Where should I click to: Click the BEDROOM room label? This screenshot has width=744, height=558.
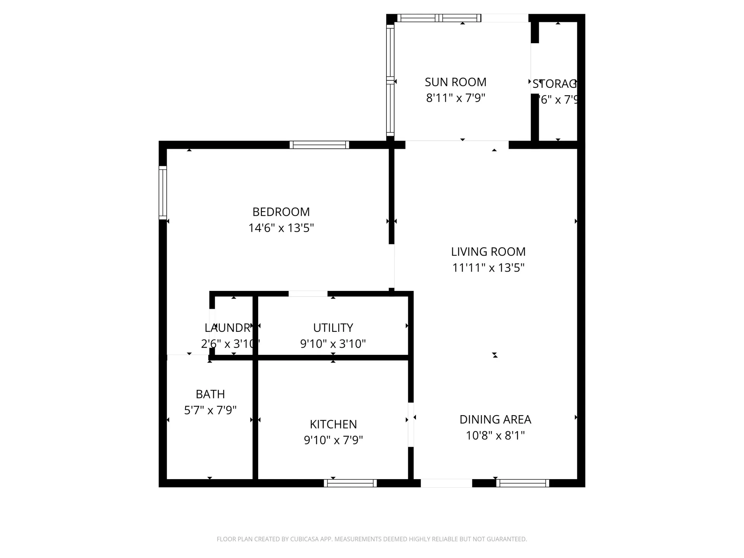(281, 212)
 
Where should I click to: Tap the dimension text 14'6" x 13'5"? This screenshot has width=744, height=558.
(281, 228)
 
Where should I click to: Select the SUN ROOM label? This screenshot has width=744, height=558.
(455, 82)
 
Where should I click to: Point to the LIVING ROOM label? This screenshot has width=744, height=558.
(488, 252)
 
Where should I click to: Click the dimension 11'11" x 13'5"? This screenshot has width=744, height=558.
(488, 268)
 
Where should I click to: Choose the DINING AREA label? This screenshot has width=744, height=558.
(495, 420)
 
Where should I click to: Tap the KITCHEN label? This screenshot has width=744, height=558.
(333, 424)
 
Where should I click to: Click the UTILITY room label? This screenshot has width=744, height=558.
(333, 328)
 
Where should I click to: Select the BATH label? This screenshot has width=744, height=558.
(210, 394)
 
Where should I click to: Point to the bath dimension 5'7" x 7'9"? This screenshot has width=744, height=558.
(210, 410)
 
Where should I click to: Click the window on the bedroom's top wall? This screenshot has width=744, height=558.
(319, 145)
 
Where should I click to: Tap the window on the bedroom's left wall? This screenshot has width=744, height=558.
(163, 192)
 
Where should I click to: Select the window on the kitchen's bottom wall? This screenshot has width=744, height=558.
(350, 483)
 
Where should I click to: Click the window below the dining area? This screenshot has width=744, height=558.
(522, 483)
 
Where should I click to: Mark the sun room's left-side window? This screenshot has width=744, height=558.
(390, 80)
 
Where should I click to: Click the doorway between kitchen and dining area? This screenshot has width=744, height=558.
(411, 424)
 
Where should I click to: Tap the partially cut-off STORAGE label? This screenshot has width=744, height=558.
(554, 84)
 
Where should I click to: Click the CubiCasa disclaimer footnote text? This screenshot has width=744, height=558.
(372, 539)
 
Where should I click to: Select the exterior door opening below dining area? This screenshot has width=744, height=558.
(446, 483)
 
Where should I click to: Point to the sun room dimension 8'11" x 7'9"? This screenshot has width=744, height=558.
(455, 98)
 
